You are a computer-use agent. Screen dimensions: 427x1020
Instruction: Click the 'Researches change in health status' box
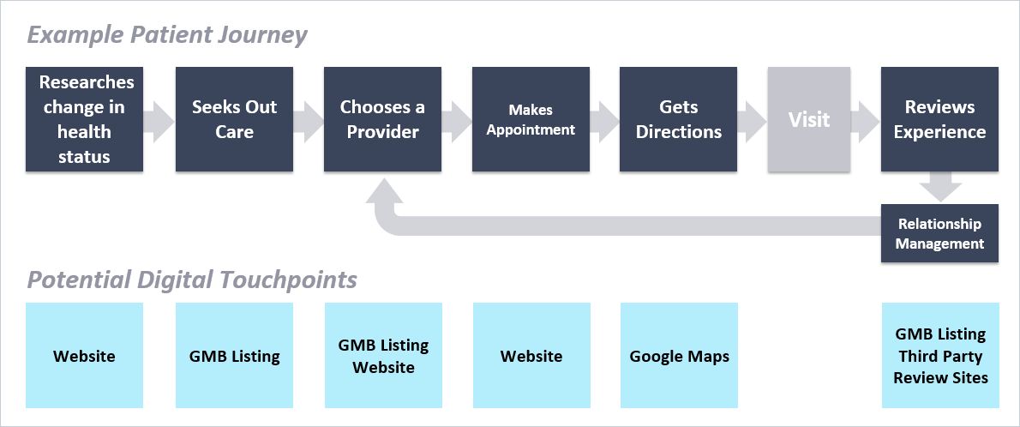tap(84, 119)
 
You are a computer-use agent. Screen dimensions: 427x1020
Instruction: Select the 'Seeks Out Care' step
tap(234, 119)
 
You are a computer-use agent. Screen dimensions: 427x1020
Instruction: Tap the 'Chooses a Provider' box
tap(382, 119)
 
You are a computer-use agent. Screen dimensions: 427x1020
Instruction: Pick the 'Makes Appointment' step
tap(531, 119)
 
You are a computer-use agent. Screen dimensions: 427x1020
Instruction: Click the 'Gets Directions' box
tap(679, 119)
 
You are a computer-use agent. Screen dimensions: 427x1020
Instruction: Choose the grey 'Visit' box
tap(809, 119)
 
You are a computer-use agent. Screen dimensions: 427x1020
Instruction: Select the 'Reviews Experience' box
tap(939, 119)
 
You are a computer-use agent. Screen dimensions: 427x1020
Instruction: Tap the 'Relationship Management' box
tap(939, 233)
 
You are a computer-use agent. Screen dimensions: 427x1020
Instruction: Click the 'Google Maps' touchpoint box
tap(679, 356)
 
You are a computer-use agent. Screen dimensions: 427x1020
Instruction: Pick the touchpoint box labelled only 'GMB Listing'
tap(234, 356)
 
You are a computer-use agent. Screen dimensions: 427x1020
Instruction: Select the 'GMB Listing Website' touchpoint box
tap(382, 356)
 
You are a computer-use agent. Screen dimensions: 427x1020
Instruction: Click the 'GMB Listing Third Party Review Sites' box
tap(940, 356)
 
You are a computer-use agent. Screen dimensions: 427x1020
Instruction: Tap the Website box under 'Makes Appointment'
tap(531, 356)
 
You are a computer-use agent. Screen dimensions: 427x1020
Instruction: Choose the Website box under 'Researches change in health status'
tap(84, 356)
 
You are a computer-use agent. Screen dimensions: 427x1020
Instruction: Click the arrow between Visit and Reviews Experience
tap(866, 119)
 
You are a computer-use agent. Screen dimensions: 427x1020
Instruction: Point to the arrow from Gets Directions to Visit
tap(751, 119)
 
